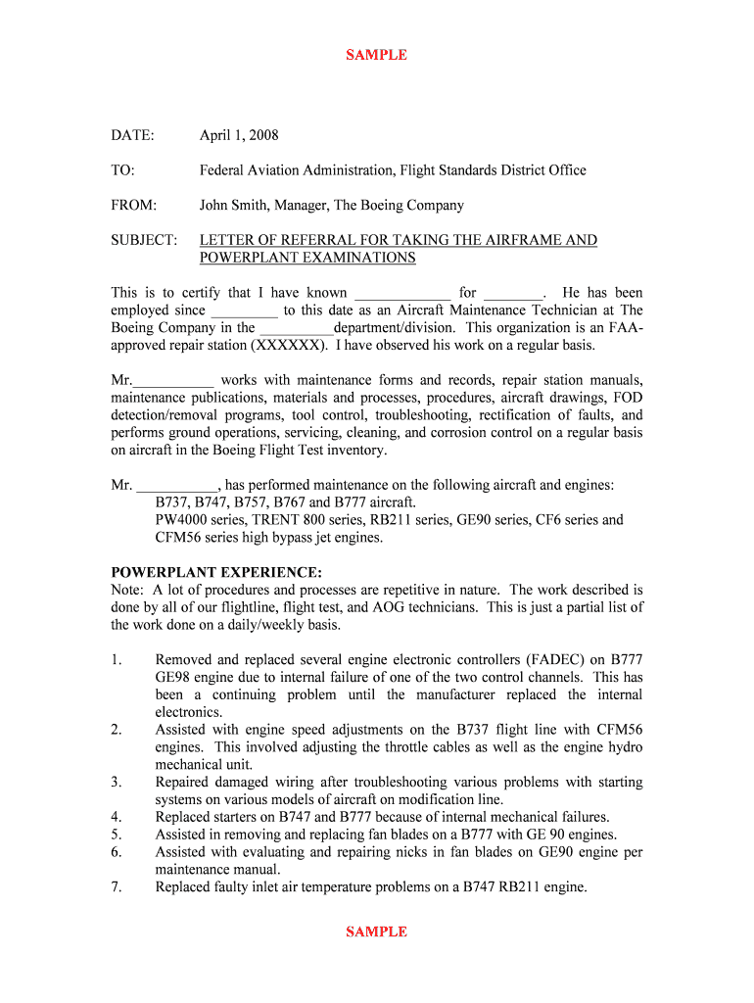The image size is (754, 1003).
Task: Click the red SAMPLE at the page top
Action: (376, 55)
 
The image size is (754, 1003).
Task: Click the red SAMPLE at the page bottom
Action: (376, 931)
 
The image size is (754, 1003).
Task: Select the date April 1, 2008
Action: (239, 135)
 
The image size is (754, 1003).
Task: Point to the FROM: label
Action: (133, 206)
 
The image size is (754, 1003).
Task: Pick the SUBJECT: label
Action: (144, 240)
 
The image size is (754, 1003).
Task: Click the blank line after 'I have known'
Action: (401, 293)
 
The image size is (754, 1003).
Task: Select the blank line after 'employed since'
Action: (245, 310)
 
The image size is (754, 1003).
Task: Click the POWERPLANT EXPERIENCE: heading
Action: (215, 572)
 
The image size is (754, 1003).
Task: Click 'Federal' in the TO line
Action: (224, 170)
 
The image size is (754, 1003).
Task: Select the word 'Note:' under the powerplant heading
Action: (127, 590)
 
